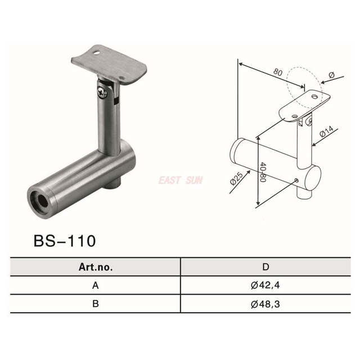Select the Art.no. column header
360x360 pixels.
coord(95,267)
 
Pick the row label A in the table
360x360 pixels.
coord(95,285)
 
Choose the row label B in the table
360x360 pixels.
coord(95,304)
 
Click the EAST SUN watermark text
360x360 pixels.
coord(181,180)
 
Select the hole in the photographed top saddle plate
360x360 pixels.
coord(97,56)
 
